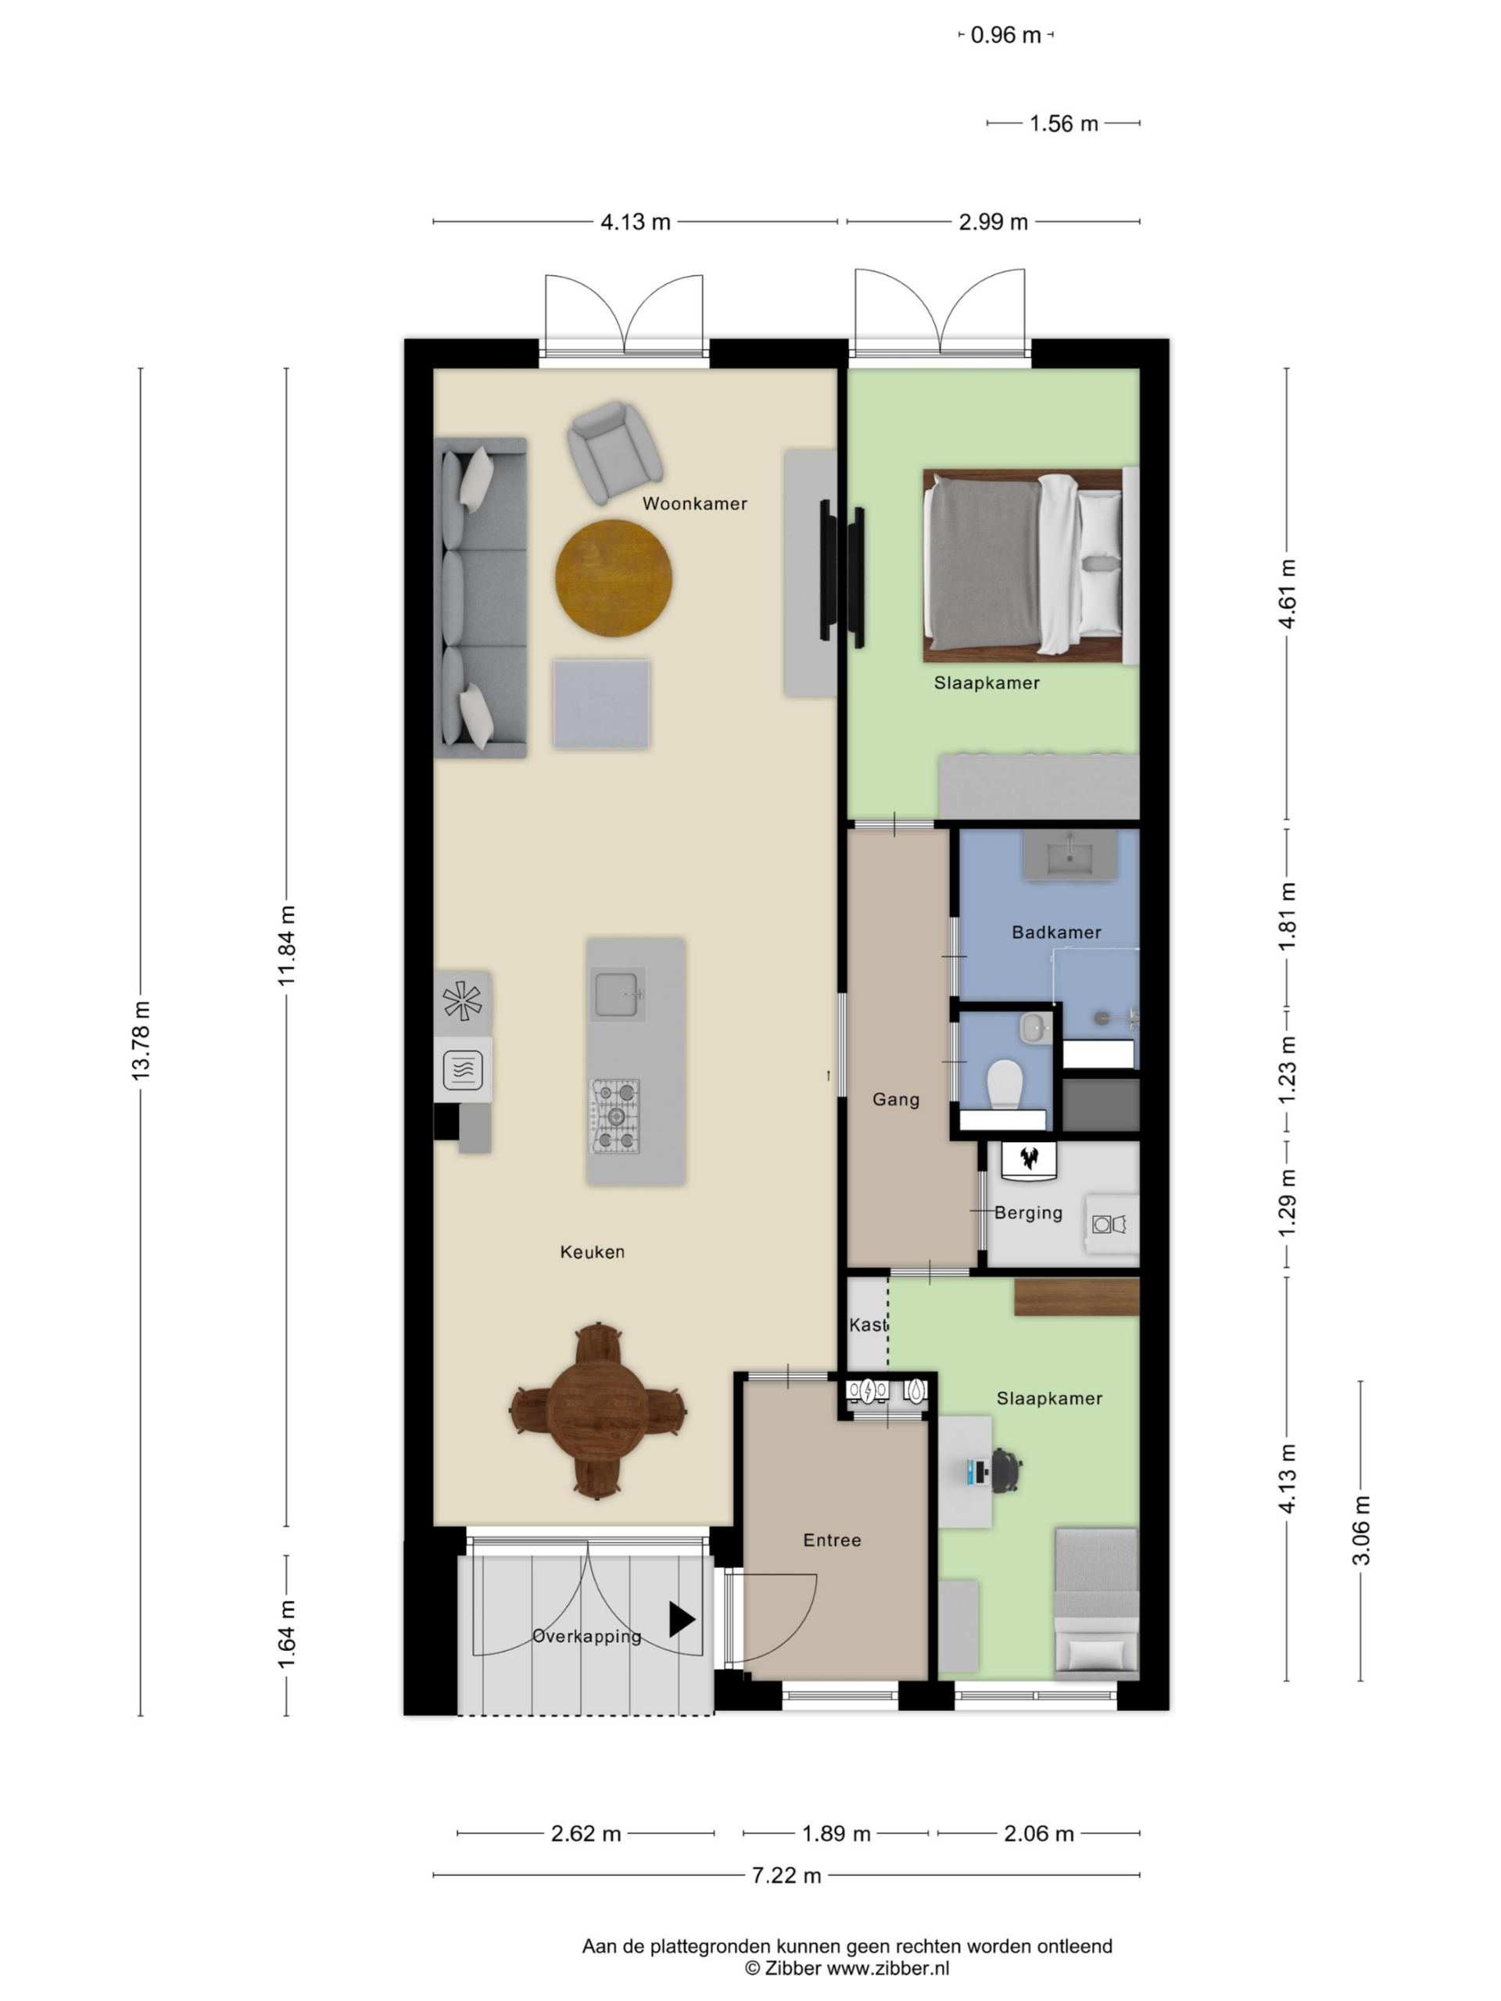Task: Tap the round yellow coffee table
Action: point(614,578)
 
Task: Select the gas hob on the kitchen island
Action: point(615,1115)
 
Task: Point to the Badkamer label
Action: point(1056,932)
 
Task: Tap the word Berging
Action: point(1028,1212)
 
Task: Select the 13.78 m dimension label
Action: point(142,1040)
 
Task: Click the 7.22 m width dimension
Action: point(786,1875)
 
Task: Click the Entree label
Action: point(832,1540)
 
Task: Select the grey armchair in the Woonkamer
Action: point(614,452)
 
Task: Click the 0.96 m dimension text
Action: point(1005,35)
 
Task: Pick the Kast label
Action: point(868,1324)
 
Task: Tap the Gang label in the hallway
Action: point(896,1099)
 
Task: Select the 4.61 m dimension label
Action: point(1288,593)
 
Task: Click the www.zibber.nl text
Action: point(887,1967)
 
